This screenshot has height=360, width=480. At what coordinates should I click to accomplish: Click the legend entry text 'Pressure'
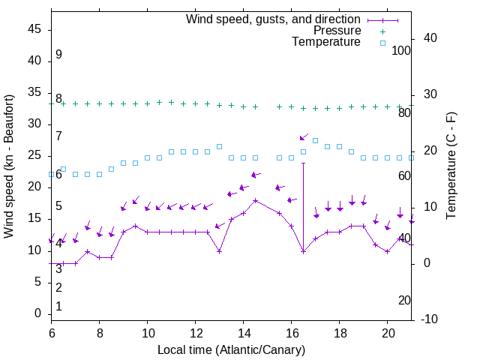click(x=337, y=31)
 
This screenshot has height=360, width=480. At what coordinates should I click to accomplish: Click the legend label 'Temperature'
click(x=326, y=42)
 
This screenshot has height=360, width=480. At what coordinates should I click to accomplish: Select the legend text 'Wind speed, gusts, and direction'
click(x=273, y=19)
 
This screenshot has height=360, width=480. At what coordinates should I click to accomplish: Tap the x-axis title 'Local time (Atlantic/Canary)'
click(x=231, y=350)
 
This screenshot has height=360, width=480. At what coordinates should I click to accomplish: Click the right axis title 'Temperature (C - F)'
click(x=451, y=166)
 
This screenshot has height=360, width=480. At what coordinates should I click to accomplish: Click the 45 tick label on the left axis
click(x=34, y=29)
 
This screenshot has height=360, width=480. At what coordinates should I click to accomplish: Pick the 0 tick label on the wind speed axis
click(x=38, y=313)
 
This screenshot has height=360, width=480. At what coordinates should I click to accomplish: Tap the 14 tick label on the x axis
click(x=243, y=332)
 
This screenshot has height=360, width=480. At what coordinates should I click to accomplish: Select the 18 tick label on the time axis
click(x=339, y=332)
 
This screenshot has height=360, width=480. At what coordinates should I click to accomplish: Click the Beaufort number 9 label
click(x=58, y=55)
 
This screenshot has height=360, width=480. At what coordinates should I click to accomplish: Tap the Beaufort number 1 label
click(x=58, y=306)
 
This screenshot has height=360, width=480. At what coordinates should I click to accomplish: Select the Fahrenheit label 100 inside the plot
click(x=401, y=50)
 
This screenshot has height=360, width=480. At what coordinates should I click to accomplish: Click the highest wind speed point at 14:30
click(x=256, y=200)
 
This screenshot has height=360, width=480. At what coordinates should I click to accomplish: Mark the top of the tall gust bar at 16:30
click(x=304, y=163)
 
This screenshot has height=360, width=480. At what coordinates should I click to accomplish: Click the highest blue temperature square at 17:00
click(x=316, y=140)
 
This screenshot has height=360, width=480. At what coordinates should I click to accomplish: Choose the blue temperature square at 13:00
click(x=220, y=146)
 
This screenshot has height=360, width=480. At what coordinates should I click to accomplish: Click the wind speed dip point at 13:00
click(x=220, y=251)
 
